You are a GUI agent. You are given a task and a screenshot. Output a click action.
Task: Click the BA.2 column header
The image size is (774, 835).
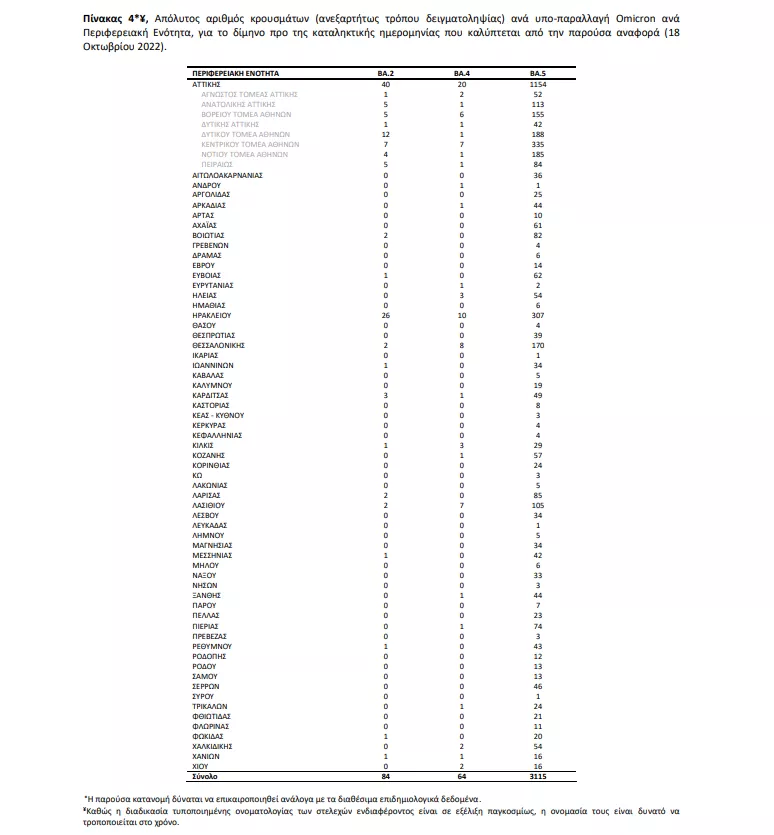[386, 75]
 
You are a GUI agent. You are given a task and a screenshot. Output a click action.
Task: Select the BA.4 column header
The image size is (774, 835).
[461, 75]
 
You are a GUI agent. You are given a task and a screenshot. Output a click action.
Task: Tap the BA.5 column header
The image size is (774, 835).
[537, 75]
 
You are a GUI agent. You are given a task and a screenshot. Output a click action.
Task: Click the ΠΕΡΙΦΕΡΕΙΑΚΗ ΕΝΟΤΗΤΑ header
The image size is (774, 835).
[236, 75]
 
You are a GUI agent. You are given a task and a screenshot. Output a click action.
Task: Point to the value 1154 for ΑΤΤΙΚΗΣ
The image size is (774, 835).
[537, 85]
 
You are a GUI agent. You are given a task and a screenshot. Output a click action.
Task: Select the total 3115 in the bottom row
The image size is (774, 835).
[537, 775]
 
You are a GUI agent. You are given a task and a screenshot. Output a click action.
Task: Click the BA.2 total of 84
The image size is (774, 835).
[386, 775]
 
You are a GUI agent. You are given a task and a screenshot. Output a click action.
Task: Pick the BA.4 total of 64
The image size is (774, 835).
[461, 775]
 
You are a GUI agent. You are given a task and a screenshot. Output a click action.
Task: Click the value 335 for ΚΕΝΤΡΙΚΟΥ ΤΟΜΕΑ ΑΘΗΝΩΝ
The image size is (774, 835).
[537, 144]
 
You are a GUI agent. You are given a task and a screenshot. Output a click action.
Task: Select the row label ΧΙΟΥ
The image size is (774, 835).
[201, 765]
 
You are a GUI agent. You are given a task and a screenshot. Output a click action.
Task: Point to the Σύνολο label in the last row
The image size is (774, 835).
[204, 775]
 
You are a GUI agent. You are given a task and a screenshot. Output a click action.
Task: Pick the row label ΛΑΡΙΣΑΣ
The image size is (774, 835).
[207, 494]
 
